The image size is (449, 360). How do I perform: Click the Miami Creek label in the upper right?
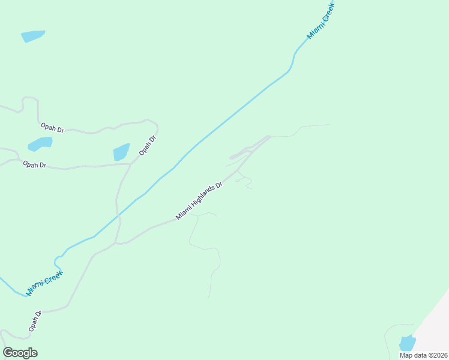[x=320, y=21]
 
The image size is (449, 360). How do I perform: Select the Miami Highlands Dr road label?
[x=199, y=201]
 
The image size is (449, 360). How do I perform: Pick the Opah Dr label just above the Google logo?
[x=34, y=322]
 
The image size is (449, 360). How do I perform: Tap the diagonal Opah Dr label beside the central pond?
[x=147, y=146]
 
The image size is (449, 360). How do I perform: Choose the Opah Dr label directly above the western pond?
[x=52, y=127]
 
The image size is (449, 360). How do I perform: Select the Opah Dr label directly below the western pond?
[x=34, y=164]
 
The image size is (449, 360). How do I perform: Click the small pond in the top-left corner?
[x=33, y=36]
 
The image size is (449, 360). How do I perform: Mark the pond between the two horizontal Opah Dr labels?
[x=40, y=144]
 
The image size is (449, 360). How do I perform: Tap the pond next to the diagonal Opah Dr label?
[x=122, y=152]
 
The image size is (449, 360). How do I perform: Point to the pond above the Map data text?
[x=407, y=343]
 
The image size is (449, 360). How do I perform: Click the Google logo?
[x=20, y=353]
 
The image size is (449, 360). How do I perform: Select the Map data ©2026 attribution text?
[x=423, y=355]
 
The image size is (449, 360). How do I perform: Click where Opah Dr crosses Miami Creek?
[x=118, y=214]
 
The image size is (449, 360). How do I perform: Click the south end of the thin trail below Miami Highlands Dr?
[x=209, y=296]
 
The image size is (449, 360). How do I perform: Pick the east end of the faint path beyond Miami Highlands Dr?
[x=329, y=125]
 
